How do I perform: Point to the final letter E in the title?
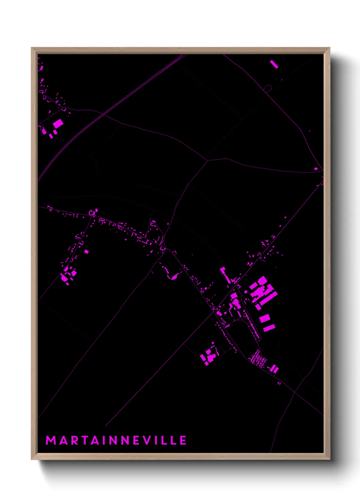183,440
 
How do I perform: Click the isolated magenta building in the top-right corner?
274,64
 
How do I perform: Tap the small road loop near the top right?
268,89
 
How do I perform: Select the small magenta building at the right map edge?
316,169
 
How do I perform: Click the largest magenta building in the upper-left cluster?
58,123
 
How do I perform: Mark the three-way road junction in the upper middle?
207,160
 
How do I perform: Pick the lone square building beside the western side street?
86,252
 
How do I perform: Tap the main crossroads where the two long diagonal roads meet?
215,310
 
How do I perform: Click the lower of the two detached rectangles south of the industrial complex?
269,328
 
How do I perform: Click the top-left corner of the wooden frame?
32,48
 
